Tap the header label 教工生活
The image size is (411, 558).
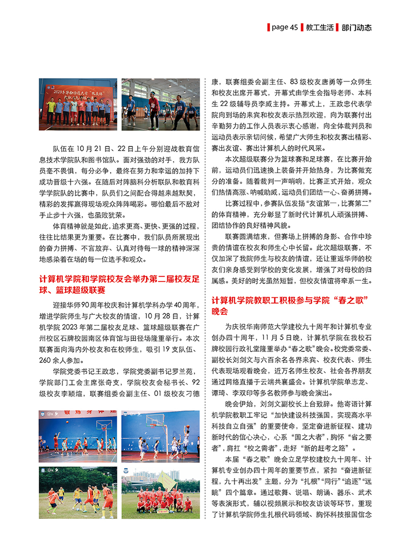319,27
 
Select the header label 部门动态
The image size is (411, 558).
356,27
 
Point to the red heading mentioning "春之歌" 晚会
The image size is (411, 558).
290,306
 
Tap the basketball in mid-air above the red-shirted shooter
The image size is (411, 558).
186,427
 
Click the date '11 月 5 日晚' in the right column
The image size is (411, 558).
281,337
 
